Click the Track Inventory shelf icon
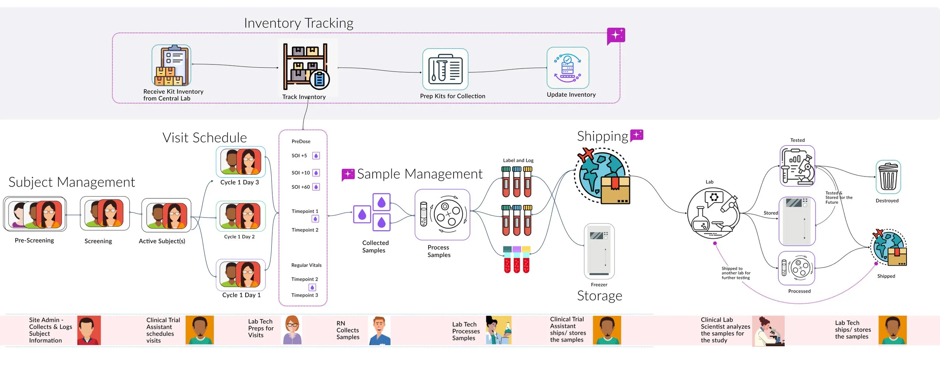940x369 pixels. (x=306, y=67)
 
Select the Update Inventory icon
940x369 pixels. (x=568, y=68)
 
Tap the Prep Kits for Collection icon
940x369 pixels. (x=445, y=69)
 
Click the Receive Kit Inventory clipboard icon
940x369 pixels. (x=171, y=65)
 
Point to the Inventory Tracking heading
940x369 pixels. (x=299, y=23)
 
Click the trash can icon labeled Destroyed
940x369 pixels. (x=888, y=177)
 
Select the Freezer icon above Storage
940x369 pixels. (x=599, y=251)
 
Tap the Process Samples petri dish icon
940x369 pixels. (x=442, y=214)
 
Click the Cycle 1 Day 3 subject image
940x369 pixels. (x=241, y=162)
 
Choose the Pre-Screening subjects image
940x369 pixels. (x=35, y=214)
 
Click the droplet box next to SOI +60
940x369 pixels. (x=316, y=187)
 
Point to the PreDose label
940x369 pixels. (x=301, y=141)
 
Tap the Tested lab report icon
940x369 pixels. (x=797, y=166)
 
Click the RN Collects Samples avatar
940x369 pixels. (x=380, y=330)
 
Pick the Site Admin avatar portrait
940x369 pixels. (x=89, y=330)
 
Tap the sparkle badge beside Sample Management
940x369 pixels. (x=348, y=175)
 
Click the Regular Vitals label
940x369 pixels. (x=306, y=265)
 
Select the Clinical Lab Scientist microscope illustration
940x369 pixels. (x=768, y=331)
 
